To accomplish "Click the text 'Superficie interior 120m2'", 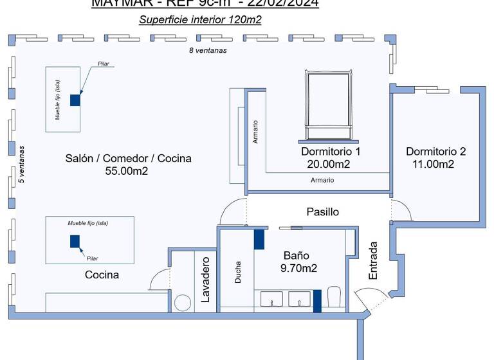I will click(200, 20).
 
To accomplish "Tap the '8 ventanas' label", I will click(207, 50).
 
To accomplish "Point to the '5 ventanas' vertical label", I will click(21, 164).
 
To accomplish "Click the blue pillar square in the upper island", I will click(75, 100).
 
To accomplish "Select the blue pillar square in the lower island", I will click(75, 241).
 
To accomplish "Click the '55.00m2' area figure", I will click(127, 171).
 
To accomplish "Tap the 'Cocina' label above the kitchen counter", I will click(102, 275).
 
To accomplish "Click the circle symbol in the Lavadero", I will click(183, 302).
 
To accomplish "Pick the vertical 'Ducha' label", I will click(238, 272).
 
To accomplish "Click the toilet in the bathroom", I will click(333, 297).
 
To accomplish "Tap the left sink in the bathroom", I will click(273, 299).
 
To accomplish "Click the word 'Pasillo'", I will click(322, 212).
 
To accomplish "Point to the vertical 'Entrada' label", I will click(373, 260).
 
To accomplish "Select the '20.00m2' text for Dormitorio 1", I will click(328, 165).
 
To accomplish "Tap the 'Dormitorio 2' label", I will click(435, 152).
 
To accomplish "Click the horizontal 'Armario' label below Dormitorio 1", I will click(322, 181).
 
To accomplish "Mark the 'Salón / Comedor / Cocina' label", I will click(128, 158).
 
